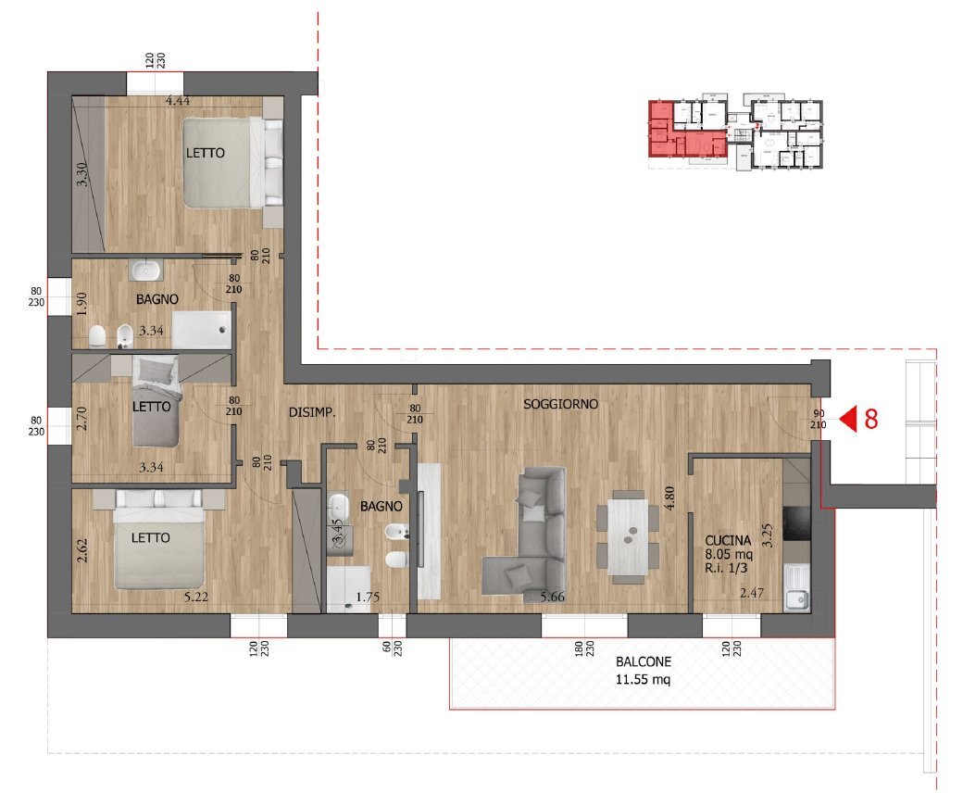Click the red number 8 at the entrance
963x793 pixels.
870,420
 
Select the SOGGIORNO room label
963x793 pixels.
560,404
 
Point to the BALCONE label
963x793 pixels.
644,662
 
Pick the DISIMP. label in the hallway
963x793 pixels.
310,414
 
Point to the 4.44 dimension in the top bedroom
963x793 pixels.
178,101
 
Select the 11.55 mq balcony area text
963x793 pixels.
644,679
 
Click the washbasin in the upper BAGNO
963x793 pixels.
146,271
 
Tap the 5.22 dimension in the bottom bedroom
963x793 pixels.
195,598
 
